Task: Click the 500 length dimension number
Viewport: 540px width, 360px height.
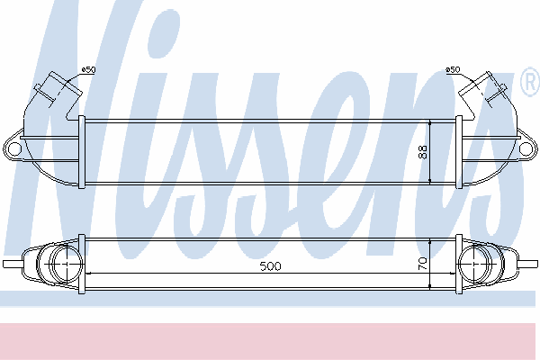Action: tap(270, 266)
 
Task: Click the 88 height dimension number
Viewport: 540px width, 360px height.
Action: tap(423, 152)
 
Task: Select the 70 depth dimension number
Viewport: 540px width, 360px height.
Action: tap(423, 264)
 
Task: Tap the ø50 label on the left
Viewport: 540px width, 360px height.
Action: tap(88, 69)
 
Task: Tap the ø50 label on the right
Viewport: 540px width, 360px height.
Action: tap(453, 69)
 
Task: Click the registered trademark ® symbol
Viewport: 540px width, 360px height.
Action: tap(531, 83)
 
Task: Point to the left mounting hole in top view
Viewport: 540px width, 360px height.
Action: tap(14, 149)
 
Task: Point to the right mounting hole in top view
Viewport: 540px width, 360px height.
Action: tap(526, 149)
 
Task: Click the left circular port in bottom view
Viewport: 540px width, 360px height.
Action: tap(66, 263)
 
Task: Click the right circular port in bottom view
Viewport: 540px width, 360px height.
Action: tap(474, 263)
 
